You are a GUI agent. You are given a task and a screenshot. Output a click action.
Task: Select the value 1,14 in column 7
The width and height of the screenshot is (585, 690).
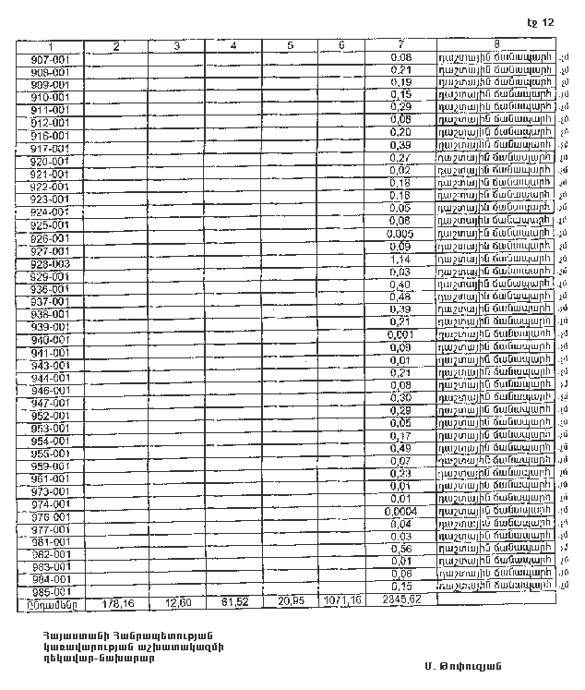pos(400,261)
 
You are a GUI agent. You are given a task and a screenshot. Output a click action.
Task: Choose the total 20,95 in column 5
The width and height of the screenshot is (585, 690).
pos(290,602)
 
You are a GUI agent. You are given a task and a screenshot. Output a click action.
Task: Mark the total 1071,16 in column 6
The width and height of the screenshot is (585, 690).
pos(341,602)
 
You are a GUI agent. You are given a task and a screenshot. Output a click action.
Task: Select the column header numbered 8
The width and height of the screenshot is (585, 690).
pos(496,43)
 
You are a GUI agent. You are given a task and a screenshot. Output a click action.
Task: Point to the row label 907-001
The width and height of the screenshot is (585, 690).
pos(51,59)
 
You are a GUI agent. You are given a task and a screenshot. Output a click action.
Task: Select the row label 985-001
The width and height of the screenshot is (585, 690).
pos(51,592)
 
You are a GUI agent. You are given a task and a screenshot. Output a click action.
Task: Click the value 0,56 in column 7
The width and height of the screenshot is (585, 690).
pos(400,548)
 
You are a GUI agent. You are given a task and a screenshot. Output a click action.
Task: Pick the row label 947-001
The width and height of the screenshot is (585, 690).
pos(51,404)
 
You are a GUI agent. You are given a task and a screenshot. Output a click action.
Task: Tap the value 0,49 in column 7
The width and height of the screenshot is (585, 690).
pos(400,448)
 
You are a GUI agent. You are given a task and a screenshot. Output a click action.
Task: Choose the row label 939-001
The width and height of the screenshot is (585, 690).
pos(51,327)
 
